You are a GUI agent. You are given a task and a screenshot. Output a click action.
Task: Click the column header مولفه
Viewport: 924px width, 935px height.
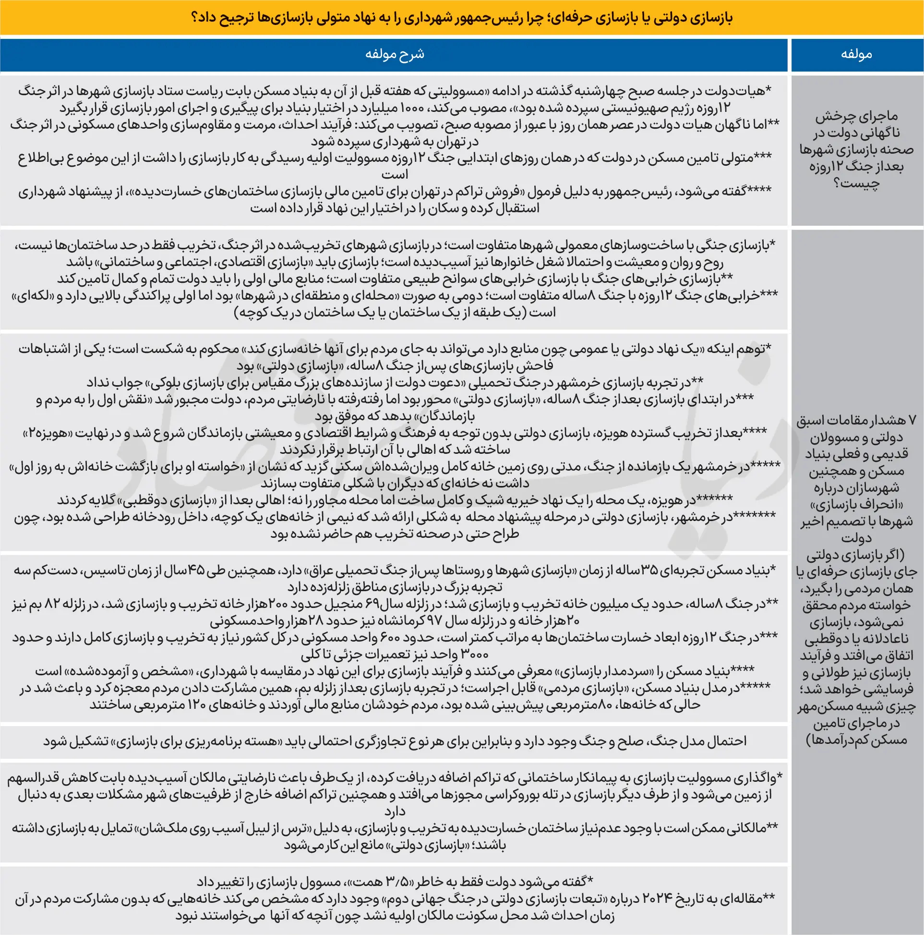tap(856, 54)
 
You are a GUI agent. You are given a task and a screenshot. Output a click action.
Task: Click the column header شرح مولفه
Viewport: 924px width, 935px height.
tap(394, 54)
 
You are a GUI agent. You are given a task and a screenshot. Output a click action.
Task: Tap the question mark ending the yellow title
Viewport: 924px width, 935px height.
tap(196, 18)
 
